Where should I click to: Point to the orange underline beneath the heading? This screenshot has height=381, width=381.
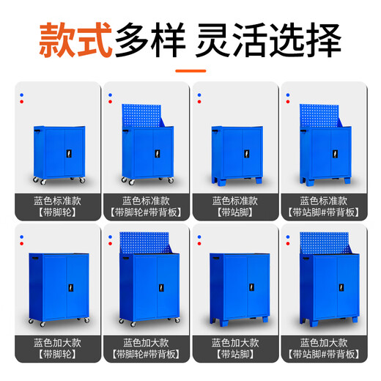[x=191, y=71]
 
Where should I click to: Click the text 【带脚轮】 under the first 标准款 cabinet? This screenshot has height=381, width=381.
[x=56, y=212]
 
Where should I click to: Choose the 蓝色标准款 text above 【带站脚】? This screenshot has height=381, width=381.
[x=235, y=200]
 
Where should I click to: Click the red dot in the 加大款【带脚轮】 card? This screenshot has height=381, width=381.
[x=23, y=236]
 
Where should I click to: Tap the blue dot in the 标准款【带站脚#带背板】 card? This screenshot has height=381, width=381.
[x=288, y=99]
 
